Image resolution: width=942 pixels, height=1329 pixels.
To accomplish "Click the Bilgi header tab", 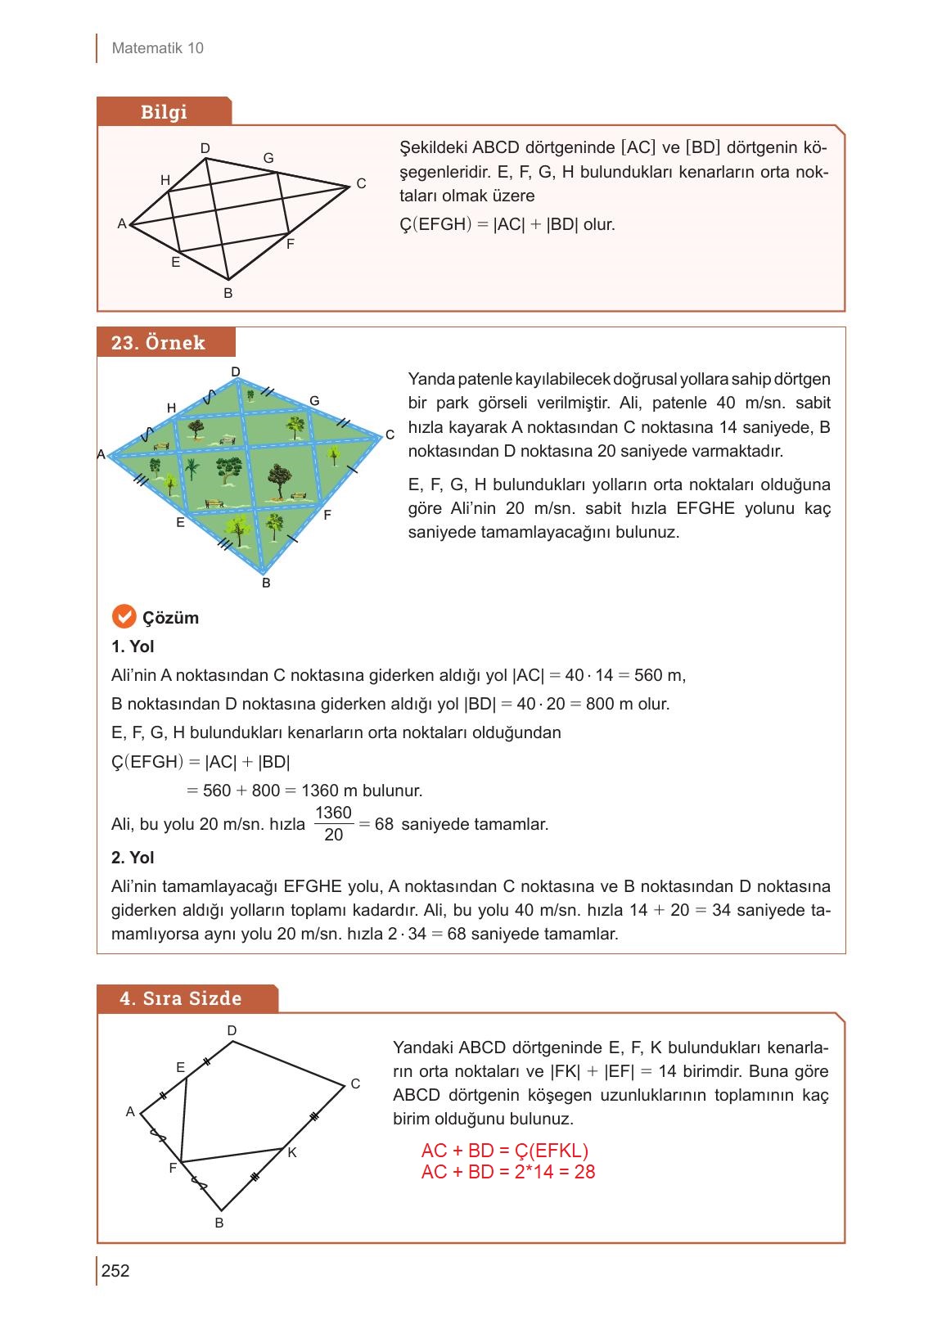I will pos(164,112).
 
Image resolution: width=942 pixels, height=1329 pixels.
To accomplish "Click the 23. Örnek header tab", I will pos(159,343).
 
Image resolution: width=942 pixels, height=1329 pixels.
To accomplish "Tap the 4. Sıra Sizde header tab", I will pos(181,998).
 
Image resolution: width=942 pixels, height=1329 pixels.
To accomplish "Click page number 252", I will pos(115,1271).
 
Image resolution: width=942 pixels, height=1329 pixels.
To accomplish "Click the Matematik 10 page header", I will pos(157,48).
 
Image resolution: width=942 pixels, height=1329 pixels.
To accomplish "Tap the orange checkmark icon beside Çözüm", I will pos(123,616).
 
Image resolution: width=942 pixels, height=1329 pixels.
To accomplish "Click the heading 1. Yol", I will pos(133,646).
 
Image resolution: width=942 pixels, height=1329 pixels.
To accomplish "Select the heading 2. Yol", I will pos(133,858).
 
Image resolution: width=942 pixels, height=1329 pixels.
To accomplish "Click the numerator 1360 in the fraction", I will pos(333,813).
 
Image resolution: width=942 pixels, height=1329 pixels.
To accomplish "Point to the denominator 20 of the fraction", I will pos(333,836).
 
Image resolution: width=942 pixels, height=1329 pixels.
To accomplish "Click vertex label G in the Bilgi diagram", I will pos(268,158).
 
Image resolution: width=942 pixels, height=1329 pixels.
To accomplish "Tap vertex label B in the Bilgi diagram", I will pos(228,293).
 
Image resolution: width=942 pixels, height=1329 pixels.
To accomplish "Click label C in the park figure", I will pos(390,435).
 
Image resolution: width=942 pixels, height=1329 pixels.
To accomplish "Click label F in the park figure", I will pos(327,515).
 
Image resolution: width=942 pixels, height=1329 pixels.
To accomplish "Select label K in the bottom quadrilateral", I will pos(292,1152).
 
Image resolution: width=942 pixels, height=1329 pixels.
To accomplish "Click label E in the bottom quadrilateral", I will pos(181,1067).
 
